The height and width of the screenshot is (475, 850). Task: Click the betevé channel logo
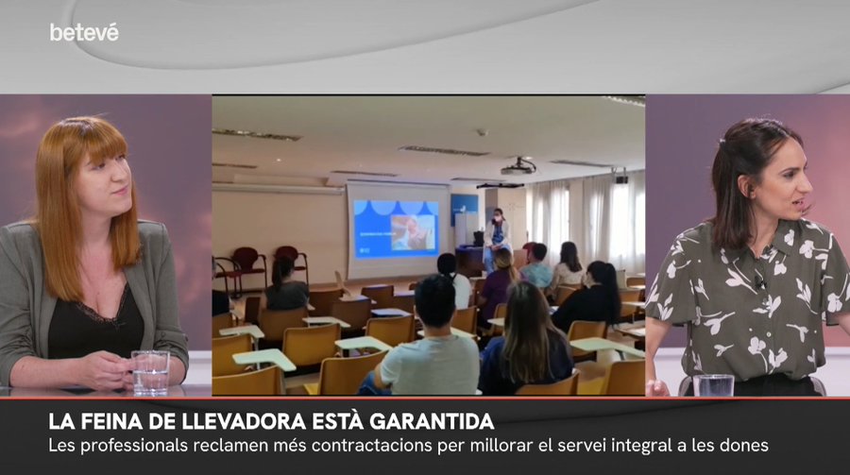pos(84,32)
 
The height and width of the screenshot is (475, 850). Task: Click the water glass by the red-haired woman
pos(151,372)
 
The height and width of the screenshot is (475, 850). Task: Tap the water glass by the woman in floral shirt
pos(713,385)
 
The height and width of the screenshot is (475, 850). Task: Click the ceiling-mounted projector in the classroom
pos(518,167)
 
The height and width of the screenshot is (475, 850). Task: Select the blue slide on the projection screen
pos(396,229)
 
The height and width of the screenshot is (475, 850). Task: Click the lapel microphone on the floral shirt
pos(760,280)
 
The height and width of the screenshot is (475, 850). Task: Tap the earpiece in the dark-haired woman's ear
pos(752,192)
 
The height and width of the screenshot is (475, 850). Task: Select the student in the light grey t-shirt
pos(428,341)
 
